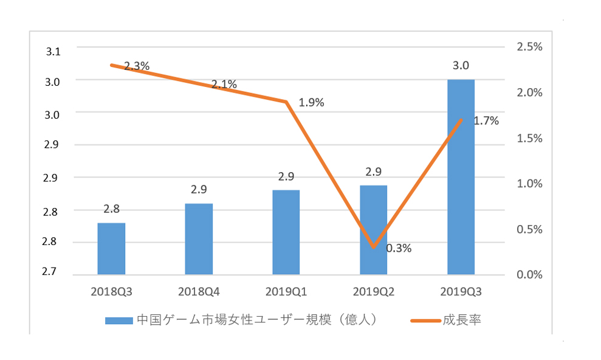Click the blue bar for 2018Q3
(111, 248)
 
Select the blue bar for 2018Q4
(199, 238)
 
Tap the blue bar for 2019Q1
(286, 232)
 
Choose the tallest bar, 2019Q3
(461, 176)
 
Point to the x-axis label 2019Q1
(286, 291)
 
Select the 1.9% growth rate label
(311, 103)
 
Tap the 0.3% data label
(399, 248)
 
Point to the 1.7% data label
(486, 121)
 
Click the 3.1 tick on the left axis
(53, 52)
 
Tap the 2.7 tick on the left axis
(53, 272)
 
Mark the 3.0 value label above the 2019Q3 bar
(461, 66)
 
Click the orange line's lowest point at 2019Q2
(374, 247)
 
